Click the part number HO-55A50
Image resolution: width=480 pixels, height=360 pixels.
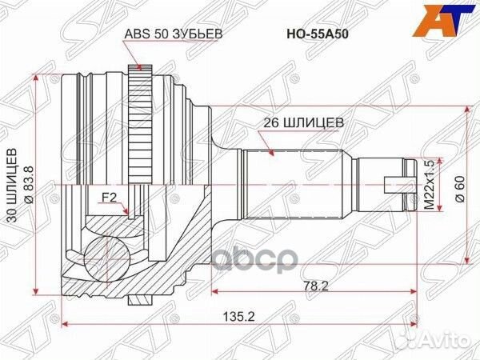click(318, 34)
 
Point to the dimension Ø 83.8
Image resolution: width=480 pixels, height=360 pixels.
click(29, 182)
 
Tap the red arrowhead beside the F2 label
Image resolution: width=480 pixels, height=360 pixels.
click(129, 211)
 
